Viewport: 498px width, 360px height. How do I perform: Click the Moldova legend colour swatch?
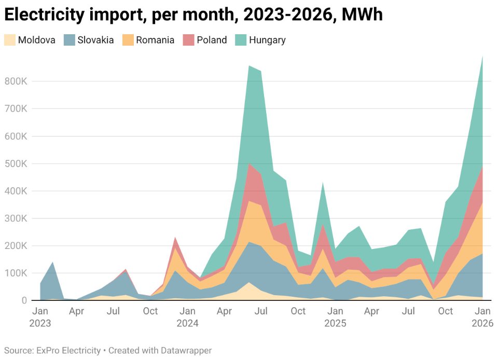10,40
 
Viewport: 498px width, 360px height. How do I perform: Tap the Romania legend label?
155,40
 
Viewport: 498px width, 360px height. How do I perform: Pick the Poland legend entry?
212,40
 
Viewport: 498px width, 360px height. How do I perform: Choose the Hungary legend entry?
267,40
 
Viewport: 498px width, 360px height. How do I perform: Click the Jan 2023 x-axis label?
40,317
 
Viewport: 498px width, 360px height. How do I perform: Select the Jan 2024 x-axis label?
187,317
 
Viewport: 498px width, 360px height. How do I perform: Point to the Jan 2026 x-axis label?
482,317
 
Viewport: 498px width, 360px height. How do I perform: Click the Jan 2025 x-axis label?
335,317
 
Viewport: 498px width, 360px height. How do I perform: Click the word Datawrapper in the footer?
186,351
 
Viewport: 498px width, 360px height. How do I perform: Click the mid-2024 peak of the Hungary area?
250,67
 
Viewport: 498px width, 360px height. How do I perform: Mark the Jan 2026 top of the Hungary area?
482,57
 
